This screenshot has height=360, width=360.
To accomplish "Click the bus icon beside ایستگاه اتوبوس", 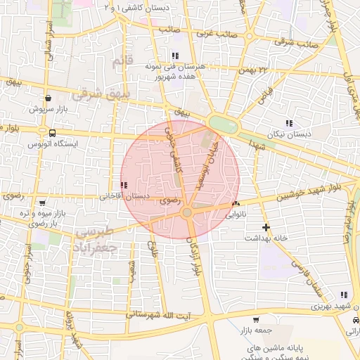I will (52, 132).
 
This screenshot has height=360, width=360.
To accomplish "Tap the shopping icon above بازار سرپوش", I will (47, 98).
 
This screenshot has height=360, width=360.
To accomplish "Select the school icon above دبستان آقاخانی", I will (124, 185).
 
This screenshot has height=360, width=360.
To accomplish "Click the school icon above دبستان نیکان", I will (288, 124).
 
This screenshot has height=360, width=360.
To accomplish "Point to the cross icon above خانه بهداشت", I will (266, 227).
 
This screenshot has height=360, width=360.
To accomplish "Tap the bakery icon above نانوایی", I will (235, 204).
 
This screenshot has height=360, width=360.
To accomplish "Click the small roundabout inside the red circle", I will (187, 212).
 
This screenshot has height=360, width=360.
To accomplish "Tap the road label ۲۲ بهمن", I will (253, 70).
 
